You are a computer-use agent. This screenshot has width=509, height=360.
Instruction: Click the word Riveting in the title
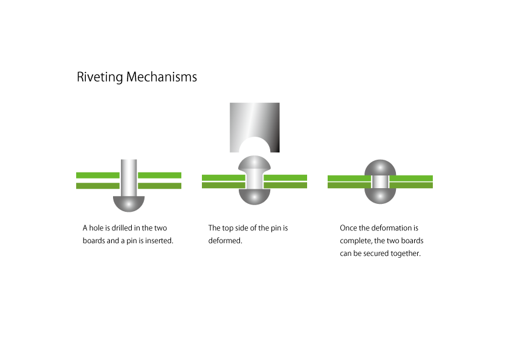click(x=100, y=77)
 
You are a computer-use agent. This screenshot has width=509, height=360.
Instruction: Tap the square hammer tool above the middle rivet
click(x=254, y=121)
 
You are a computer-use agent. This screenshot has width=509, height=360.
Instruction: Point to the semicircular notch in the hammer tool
click(x=254, y=146)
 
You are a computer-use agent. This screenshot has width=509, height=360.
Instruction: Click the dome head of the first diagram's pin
click(x=129, y=203)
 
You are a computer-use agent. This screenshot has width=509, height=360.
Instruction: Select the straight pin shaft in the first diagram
click(x=129, y=175)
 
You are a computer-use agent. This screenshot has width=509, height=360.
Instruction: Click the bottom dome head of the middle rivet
click(x=254, y=196)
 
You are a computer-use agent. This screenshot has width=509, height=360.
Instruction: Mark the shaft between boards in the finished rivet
click(x=380, y=182)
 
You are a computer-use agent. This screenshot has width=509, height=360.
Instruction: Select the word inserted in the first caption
click(x=159, y=241)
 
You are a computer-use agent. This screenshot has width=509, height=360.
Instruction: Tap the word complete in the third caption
click(x=355, y=241)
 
